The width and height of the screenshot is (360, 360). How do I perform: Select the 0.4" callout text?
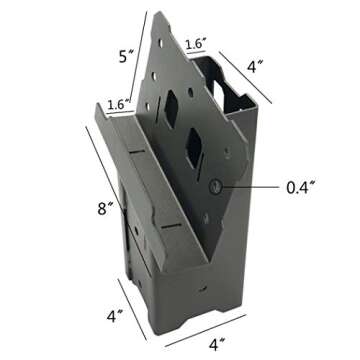coord(302,185)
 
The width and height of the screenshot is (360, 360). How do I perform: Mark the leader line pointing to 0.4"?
coord(254,185)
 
